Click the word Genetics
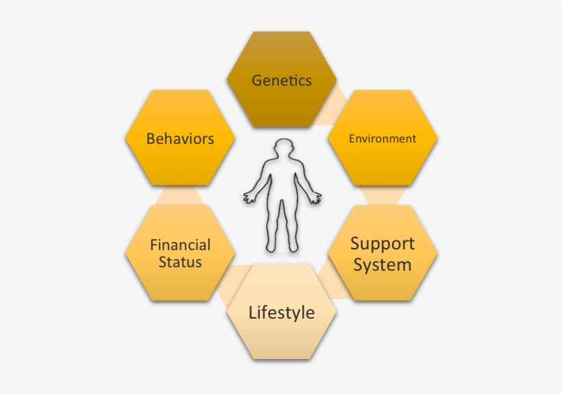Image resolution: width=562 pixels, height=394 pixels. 282,80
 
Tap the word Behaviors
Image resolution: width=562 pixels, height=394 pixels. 180,139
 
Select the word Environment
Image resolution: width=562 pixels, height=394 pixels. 382,138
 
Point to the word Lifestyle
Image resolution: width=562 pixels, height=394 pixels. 282,313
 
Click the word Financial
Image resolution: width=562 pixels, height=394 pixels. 180,245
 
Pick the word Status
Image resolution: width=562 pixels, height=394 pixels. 180,262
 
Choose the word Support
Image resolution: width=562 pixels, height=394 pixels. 382,243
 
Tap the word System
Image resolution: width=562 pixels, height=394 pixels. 382,264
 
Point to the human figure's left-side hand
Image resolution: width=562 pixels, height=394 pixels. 249,198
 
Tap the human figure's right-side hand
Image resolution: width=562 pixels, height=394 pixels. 315,198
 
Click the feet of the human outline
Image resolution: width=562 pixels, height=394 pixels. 282,247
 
